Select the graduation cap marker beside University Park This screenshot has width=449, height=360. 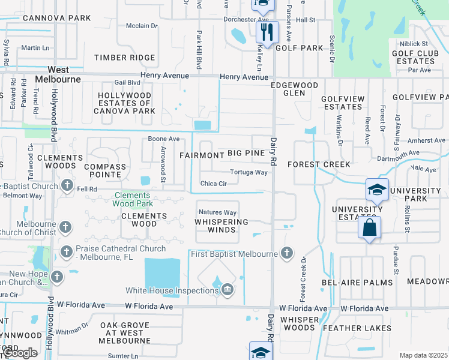pos(377,190)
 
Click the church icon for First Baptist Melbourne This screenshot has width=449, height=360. pos(287,254)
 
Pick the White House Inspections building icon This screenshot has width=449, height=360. pos(227,291)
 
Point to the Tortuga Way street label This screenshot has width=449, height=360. pos(249,172)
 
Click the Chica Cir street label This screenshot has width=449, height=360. pos(213,184)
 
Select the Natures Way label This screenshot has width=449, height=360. pos(217,212)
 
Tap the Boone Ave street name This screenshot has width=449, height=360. pos(164,139)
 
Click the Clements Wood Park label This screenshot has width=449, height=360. pos(133,199)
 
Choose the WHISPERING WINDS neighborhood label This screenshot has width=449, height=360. pos(221,226)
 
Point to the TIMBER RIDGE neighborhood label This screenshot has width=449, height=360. pos(124,58)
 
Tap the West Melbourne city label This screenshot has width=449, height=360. pos(58,74)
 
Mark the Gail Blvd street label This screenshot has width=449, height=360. pos(127,83)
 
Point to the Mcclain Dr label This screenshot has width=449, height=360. pos(142,26)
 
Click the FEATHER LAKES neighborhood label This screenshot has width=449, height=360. pos(357,328)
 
